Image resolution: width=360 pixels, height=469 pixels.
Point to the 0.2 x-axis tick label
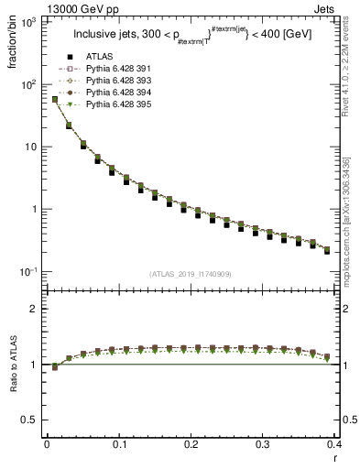[191, 444]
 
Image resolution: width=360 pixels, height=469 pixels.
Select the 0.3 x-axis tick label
[263, 444]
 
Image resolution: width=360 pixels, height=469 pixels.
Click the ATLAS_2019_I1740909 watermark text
[190, 274]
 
